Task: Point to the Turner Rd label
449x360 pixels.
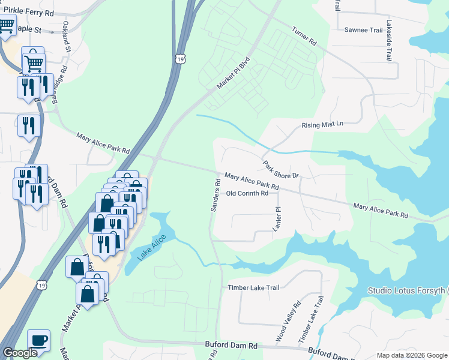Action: tap(304, 37)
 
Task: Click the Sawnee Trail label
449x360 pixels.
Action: tap(363, 29)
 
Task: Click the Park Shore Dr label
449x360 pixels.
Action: tap(280, 169)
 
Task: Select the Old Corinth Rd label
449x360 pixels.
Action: tap(247, 193)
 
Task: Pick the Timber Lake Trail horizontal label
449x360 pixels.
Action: tap(253, 288)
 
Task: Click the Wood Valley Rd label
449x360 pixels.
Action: tap(288, 322)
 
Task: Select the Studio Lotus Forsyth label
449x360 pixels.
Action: tap(408, 292)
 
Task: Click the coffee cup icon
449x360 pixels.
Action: tap(38, 340)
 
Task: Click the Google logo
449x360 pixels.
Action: tap(20, 353)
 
